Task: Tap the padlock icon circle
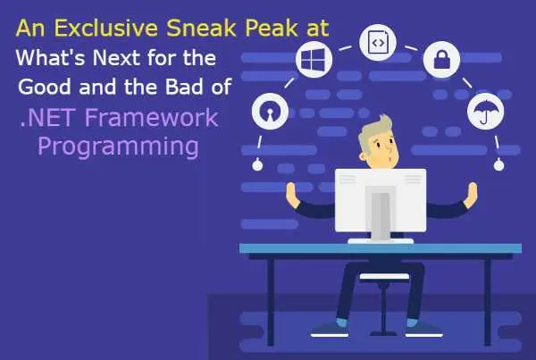441,60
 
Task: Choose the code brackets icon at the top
376,41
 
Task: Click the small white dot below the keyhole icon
256,164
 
